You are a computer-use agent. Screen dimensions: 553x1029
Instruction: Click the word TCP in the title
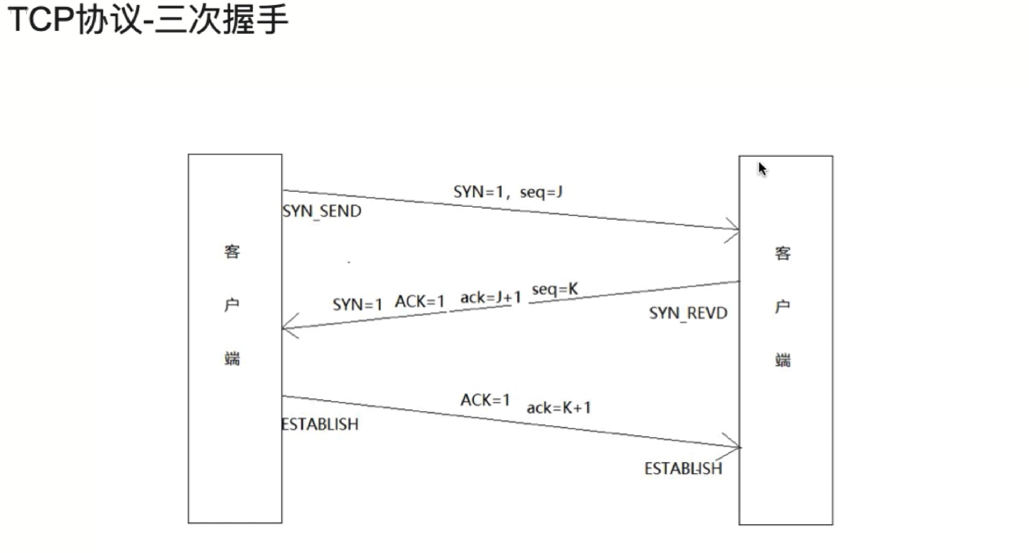point(42,20)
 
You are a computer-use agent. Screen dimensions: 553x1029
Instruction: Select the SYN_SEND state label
point(321,211)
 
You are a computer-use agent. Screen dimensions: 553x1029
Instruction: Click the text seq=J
point(541,192)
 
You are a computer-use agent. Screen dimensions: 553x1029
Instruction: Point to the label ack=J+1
point(490,298)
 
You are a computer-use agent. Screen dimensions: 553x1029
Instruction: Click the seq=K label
point(555,289)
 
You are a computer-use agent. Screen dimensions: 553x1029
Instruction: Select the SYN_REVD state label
point(688,313)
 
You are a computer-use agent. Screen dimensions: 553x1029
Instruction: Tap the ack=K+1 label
point(559,408)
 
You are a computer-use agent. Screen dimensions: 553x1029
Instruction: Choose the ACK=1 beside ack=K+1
point(485,400)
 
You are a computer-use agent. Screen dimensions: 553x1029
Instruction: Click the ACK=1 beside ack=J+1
point(420,302)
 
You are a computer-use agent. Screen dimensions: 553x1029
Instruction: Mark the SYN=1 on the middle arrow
point(357,305)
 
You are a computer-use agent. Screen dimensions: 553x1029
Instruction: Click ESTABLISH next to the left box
point(320,425)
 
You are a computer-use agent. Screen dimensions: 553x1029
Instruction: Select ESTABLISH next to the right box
point(683,468)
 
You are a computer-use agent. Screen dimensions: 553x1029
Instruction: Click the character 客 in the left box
point(232,252)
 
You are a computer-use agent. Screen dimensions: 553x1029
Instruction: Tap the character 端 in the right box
point(783,360)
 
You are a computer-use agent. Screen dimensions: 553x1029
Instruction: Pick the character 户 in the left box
point(232,306)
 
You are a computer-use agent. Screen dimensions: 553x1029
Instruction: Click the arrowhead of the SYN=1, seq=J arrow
point(735,230)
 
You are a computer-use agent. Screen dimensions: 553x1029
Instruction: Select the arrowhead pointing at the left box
point(285,329)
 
